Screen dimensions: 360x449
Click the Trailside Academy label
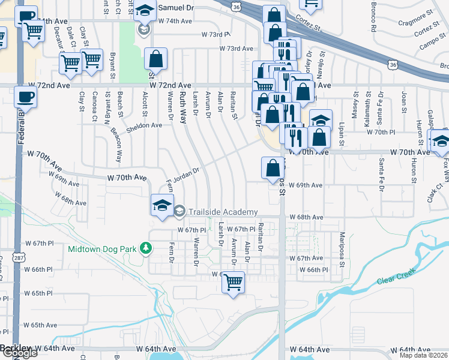tap(223, 212)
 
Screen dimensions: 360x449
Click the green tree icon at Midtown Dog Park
tap(144, 248)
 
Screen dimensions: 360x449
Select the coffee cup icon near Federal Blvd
tap(25, 97)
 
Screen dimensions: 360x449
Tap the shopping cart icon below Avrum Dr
tap(233, 281)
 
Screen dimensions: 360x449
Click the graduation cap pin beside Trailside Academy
tap(161, 205)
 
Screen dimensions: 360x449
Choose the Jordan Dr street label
tap(186, 175)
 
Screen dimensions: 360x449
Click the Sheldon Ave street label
tap(144, 126)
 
